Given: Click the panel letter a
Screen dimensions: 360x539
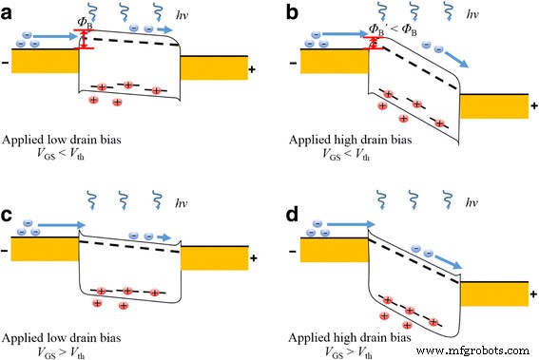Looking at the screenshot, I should [10, 11].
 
